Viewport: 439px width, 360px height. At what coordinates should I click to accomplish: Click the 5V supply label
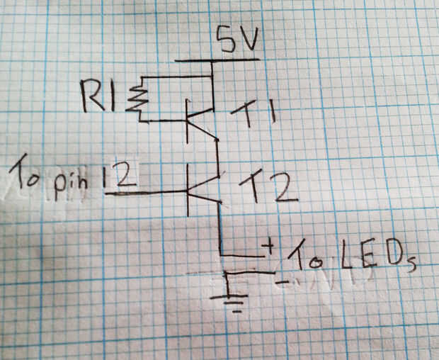pyautogui.click(x=238, y=39)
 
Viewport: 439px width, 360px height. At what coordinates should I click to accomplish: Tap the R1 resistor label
pyautogui.click(x=98, y=95)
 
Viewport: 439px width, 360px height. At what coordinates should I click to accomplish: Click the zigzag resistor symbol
pyautogui.click(x=137, y=99)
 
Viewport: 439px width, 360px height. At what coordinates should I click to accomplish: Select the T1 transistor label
pyautogui.click(x=253, y=113)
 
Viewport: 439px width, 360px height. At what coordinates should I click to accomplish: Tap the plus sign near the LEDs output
pyautogui.click(x=268, y=246)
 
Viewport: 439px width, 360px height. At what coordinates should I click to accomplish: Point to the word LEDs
pyautogui.click(x=378, y=256)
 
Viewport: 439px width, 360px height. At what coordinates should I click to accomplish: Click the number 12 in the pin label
pyautogui.click(x=119, y=176)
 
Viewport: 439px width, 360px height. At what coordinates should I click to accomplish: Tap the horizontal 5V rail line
pyautogui.click(x=217, y=60)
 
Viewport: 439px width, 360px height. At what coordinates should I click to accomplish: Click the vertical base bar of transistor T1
pyautogui.click(x=188, y=121)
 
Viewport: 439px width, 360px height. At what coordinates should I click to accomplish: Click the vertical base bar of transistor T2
pyautogui.click(x=188, y=190)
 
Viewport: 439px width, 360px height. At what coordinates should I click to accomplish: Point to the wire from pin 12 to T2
pyautogui.click(x=146, y=193)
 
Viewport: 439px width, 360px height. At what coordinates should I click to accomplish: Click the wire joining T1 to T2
pyautogui.click(x=218, y=157)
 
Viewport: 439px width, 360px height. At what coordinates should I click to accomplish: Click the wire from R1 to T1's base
pyautogui.click(x=164, y=121)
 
